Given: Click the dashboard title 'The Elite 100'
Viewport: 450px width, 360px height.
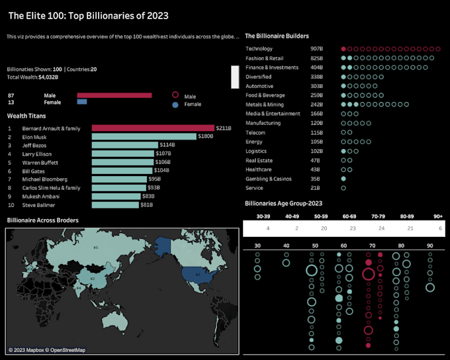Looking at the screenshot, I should [88, 15].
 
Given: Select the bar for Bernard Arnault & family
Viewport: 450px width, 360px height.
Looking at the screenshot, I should [153, 128].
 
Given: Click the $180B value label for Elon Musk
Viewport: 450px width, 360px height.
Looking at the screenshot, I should [206, 136].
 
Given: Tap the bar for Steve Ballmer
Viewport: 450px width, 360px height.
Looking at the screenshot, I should [115, 204].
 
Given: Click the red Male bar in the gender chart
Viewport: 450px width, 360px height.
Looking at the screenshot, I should [114, 95].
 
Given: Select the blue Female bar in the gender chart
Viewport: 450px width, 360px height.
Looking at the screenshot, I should [82, 102].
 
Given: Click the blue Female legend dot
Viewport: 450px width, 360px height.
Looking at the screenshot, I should [175, 105].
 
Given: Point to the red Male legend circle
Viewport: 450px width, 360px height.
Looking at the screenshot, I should [175, 95].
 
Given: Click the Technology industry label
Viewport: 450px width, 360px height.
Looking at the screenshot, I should [259, 49].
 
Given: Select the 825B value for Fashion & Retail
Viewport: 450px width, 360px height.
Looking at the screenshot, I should [316, 58].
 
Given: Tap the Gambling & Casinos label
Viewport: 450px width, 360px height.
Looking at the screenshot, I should [269, 179].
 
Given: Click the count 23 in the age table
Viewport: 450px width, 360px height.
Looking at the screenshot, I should [352, 228].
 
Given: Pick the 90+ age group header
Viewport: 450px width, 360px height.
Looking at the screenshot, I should [438, 216].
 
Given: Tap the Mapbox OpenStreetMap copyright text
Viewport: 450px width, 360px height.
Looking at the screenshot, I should [47, 350].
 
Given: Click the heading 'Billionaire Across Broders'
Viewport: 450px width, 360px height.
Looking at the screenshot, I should [42, 220].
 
